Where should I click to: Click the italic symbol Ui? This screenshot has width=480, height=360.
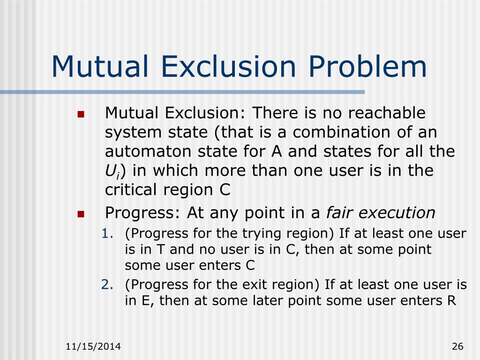click(x=111, y=171)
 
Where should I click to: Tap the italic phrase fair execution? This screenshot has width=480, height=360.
click(x=381, y=213)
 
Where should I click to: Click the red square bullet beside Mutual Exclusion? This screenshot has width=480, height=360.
click(x=80, y=114)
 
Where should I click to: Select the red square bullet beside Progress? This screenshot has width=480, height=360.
click(x=80, y=214)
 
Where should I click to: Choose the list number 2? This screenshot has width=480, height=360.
click(x=105, y=285)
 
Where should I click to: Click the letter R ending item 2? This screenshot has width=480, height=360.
click(x=451, y=300)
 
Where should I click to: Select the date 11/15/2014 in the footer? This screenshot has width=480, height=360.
click(x=93, y=347)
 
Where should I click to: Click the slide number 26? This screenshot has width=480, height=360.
click(x=457, y=347)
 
